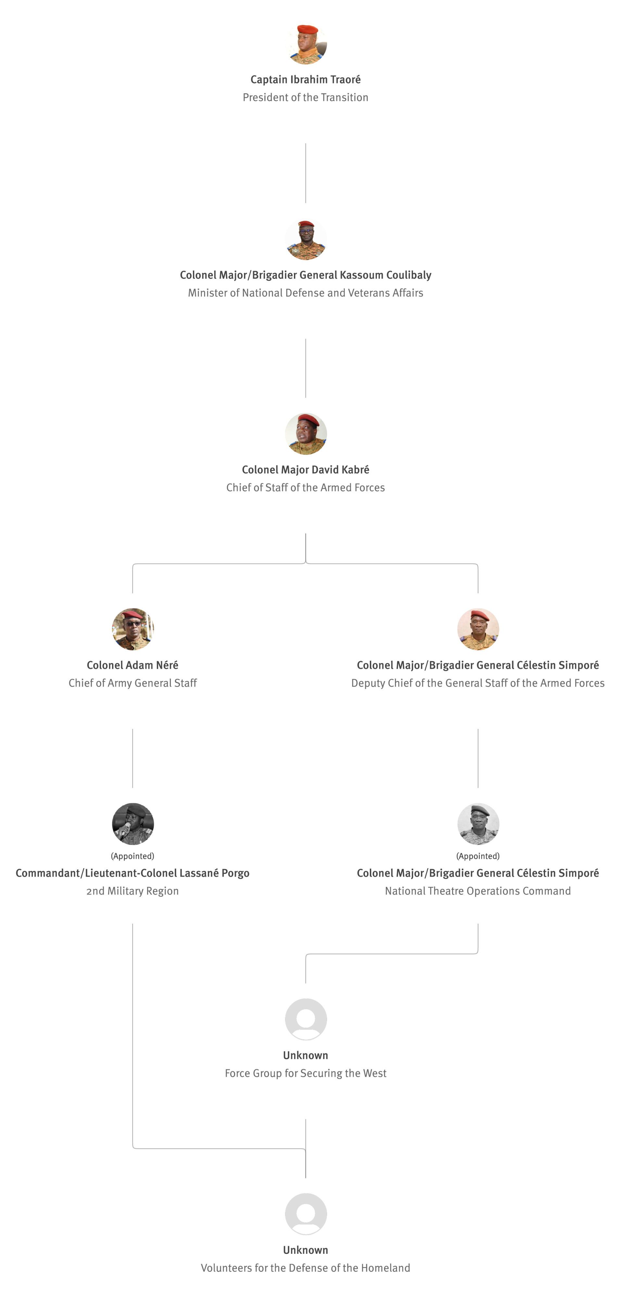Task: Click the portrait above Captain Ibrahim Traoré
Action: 305,43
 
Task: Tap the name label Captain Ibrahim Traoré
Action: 305,80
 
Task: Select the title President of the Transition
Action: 305,97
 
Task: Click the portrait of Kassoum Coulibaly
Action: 305,239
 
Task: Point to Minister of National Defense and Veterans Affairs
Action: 305,293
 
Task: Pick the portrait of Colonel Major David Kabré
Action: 305,434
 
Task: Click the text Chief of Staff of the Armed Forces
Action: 305,487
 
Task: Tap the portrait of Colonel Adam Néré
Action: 133,629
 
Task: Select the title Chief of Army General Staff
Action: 133,683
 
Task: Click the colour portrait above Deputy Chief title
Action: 478,629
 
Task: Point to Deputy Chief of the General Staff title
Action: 478,683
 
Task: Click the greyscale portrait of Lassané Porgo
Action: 133,823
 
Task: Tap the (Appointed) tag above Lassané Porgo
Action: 133,856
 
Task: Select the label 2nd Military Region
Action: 133,891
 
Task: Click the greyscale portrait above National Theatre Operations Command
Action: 478,823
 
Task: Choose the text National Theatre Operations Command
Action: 478,891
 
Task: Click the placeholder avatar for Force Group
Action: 305,1019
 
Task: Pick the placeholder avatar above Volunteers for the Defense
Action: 305,1214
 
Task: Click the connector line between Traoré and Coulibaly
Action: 305,173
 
